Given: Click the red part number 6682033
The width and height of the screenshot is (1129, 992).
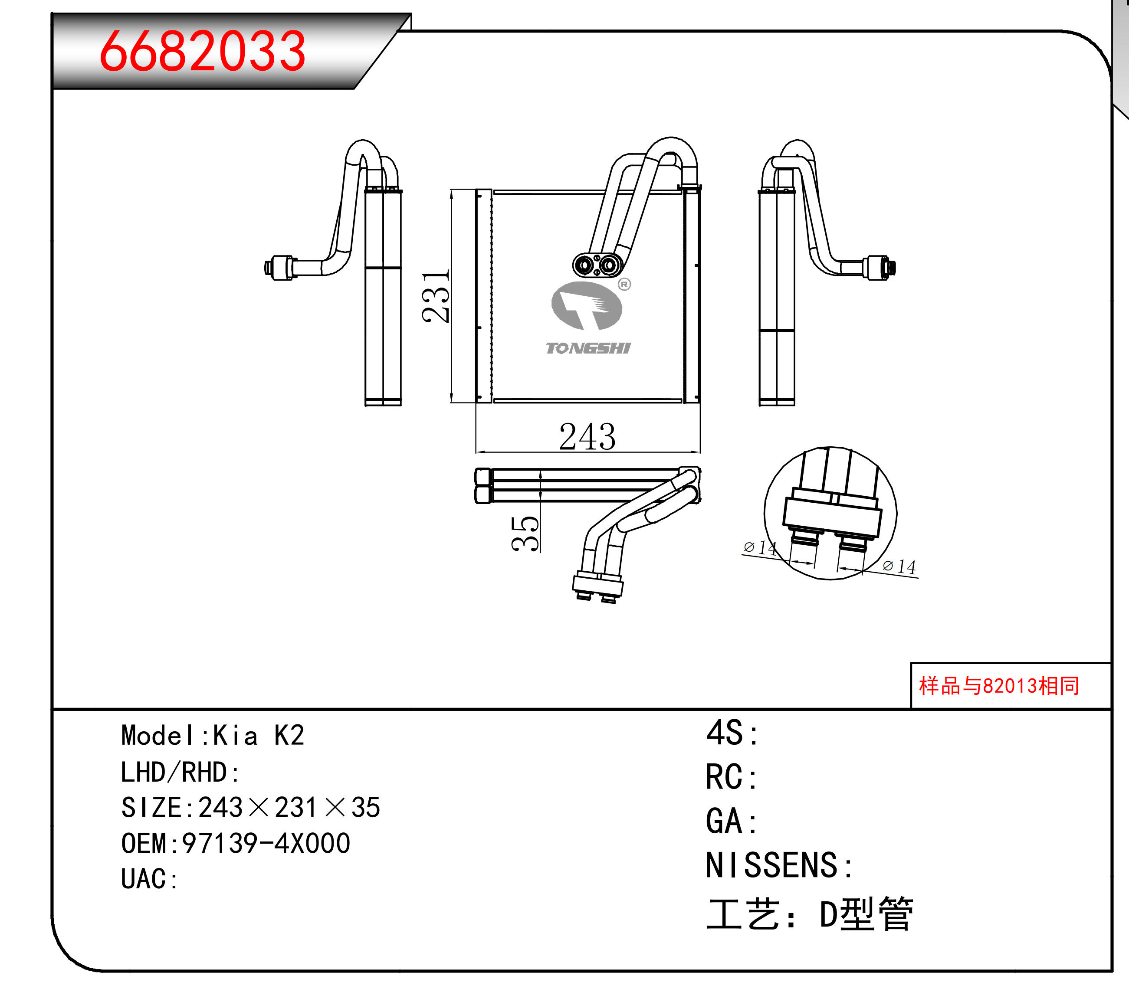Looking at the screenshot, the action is click(202, 51).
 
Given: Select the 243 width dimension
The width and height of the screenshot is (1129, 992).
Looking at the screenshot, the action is click(587, 437).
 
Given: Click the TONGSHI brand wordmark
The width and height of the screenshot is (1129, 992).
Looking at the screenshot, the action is click(587, 348).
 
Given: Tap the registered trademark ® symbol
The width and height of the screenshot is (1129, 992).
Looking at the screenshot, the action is click(624, 284).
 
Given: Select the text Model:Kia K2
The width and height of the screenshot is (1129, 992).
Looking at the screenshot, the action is click(213, 735).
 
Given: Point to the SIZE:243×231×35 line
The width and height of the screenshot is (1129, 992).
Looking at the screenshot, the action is click(251, 807).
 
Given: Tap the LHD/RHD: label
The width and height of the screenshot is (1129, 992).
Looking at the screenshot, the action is click(180, 772).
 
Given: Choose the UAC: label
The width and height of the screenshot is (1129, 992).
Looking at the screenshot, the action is click(149, 879).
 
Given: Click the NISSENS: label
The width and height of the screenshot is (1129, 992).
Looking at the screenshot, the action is click(779, 864).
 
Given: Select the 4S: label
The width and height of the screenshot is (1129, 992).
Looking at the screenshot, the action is click(732, 733).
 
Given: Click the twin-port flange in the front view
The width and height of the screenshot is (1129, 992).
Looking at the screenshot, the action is click(597, 265).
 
